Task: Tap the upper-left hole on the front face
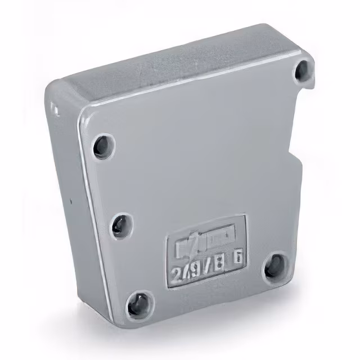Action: coord(103,146)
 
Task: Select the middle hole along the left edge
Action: coord(120,226)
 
